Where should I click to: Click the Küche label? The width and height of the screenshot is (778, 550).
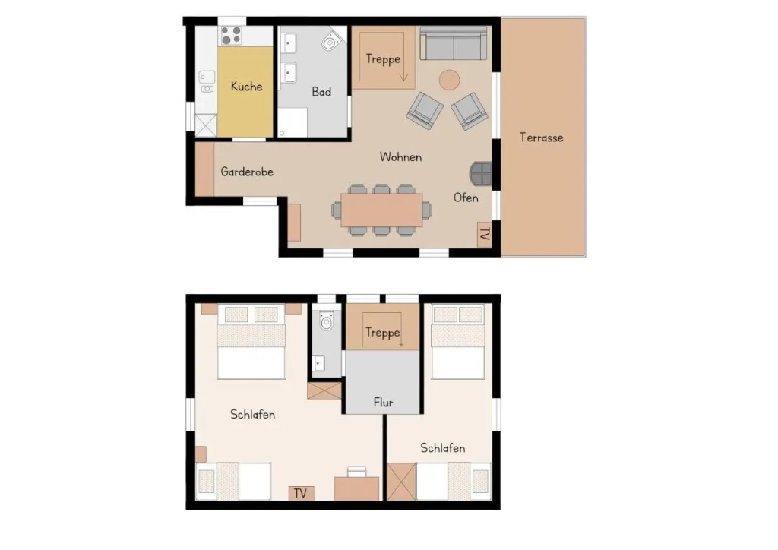point(247,87)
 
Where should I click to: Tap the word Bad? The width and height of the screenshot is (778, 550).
point(321,92)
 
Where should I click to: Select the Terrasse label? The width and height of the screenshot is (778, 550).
point(541,137)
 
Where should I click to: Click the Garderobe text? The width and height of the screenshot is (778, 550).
point(247,172)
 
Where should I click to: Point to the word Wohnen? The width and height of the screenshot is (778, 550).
point(400,157)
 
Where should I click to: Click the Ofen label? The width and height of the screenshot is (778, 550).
point(466,198)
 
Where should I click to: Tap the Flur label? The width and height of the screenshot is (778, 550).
point(383,403)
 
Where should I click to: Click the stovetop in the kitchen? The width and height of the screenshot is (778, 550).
point(231,36)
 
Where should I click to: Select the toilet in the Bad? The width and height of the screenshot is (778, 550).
point(331,41)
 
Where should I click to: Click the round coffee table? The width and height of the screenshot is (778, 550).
point(450,80)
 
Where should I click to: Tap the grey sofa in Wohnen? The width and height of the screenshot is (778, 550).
point(454,43)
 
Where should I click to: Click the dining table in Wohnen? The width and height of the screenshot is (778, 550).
point(381,210)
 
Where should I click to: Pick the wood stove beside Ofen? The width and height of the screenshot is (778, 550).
point(481,174)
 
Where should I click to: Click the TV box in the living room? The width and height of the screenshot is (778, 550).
point(485,234)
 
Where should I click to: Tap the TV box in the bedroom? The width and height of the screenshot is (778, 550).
point(300,494)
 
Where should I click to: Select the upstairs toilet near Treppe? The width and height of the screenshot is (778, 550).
point(326,321)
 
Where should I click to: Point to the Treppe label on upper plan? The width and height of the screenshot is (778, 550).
point(383,59)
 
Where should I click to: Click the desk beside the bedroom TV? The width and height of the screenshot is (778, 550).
point(357,488)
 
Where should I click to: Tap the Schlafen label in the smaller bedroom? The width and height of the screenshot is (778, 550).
point(443,448)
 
